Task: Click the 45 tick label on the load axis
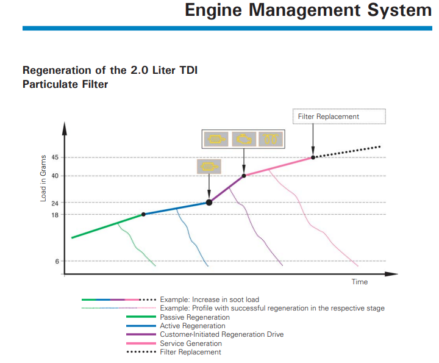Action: tap(55, 157)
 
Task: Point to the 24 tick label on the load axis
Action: tap(55, 203)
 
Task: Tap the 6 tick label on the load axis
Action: tap(57, 261)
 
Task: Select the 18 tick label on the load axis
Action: tap(55, 215)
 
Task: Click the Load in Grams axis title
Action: tap(43, 178)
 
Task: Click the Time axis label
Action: tap(360, 282)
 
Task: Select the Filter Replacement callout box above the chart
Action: tap(339, 117)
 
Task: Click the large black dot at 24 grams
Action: tap(209, 202)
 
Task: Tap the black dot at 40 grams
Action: tap(244, 176)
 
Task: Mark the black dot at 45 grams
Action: tap(313, 157)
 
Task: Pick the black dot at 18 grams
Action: tap(143, 214)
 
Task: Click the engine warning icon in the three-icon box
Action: tap(244, 139)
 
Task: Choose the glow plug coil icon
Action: tap(271, 139)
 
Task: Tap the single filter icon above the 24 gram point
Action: tap(209, 167)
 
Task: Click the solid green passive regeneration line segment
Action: tap(108, 226)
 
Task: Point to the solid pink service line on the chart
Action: tap(279, 167)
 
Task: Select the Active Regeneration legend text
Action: tap(193, 326)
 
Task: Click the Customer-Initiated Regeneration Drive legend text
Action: tap(222, 334)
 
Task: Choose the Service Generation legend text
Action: tap(191, 343)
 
